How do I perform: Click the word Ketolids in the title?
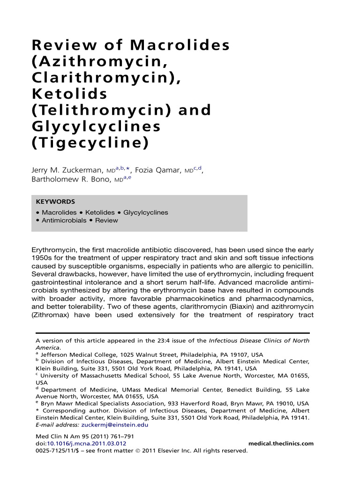69,94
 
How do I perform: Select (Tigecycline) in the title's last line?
90,143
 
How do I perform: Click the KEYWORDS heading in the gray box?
55,202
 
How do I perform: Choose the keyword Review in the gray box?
106,220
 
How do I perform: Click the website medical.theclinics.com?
281,443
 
